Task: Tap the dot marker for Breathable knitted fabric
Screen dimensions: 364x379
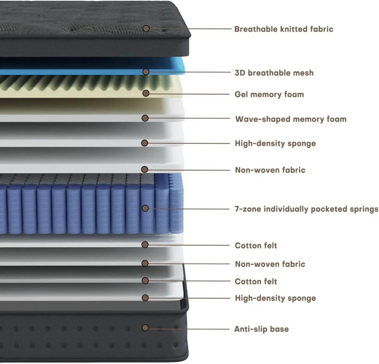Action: pos(146,28)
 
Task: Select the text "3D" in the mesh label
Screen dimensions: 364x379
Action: pos(240,73)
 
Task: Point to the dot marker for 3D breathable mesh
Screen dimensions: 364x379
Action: pos(146,72)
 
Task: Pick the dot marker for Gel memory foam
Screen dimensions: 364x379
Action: pos(146,93)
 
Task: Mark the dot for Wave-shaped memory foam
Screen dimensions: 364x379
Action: pos(145,118)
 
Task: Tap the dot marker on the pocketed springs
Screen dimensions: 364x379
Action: pos(145,208)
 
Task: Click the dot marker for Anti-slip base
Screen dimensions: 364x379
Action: pos(145,328)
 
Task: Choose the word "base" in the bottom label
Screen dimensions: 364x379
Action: pos(279,329)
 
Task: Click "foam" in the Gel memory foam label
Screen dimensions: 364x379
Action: pos(294,94)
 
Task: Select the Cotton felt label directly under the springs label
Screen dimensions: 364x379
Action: pos(256,245)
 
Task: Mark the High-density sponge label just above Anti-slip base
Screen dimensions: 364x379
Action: pos(275,298)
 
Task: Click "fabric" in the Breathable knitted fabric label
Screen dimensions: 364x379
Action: pos(322,29)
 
